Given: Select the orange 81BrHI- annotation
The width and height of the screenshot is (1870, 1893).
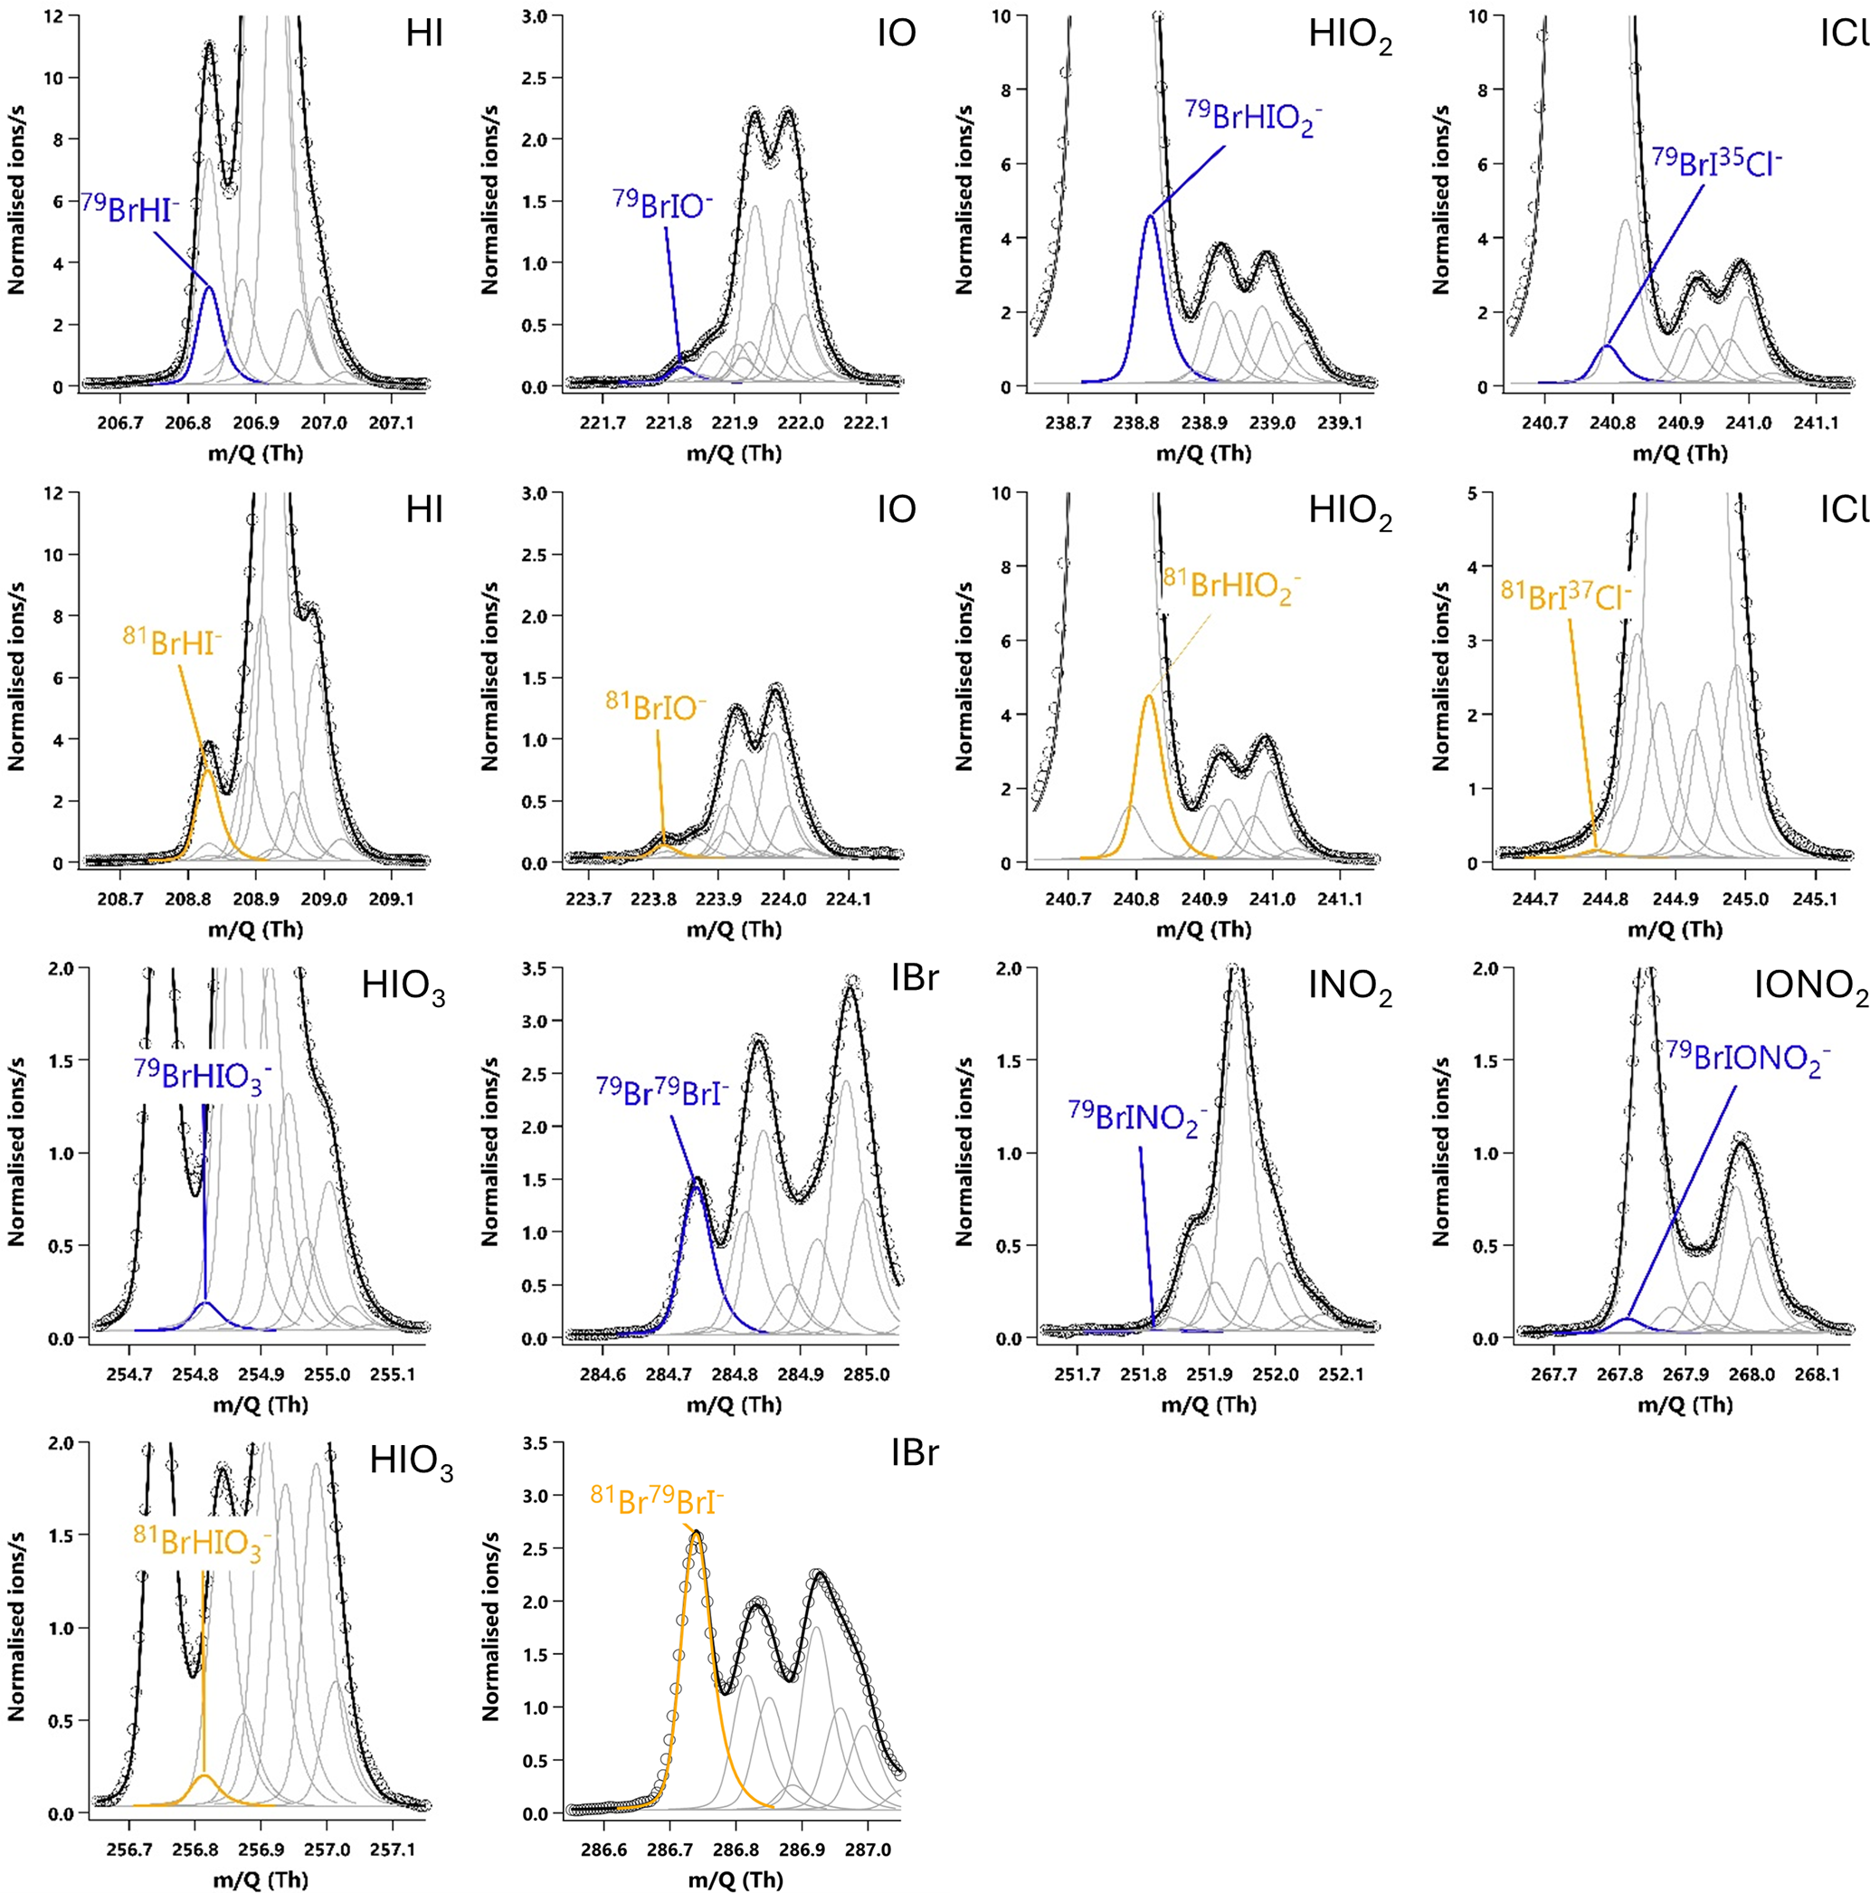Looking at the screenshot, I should pyautogui.click(x=173, y=639).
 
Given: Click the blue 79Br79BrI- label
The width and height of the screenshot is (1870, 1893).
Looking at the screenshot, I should pyautogui.click(x=662, y=1090).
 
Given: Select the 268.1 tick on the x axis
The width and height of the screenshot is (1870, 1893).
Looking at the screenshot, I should pyautogui.click(x=1818, y=1375).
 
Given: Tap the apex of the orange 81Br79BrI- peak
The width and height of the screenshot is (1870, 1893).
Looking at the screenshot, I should pyautogui.click(x=696, y=1535).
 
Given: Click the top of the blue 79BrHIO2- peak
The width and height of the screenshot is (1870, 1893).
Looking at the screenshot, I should pyautogui.click(x=1150, y=216).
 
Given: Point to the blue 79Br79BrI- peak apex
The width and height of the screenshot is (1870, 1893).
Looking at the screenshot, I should pyautogui.click(x=697, y=1179).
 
